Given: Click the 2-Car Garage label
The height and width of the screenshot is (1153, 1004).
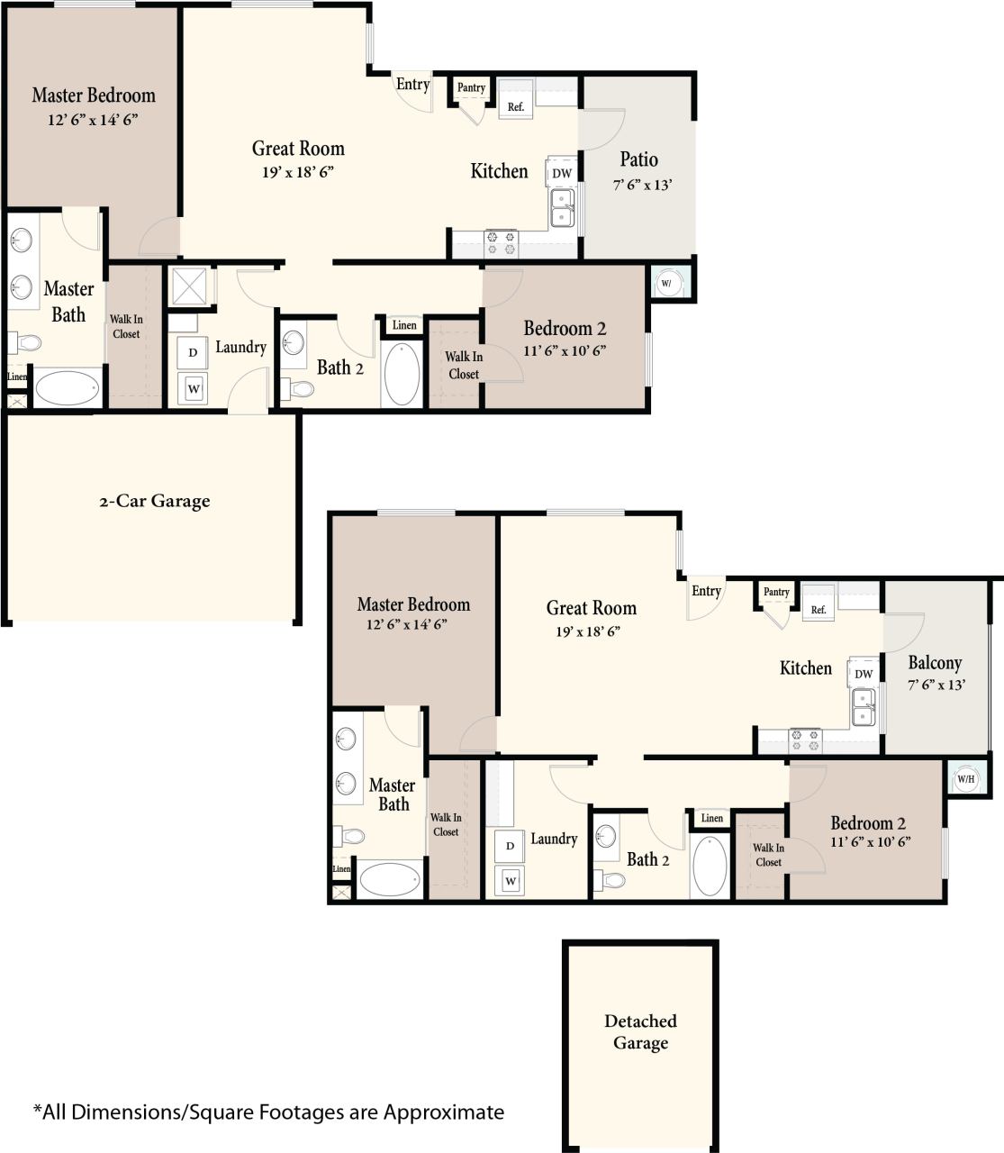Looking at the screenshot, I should (x=154, y=502).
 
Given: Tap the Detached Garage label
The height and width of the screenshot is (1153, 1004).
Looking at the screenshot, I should (x=640, y=1032).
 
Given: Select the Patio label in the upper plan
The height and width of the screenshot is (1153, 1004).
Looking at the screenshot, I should (x=638, y=160).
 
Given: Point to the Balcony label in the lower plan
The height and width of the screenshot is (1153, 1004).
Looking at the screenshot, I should (x=935, y=663).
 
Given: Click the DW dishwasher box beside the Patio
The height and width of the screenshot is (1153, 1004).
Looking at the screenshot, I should (x=561, y=173).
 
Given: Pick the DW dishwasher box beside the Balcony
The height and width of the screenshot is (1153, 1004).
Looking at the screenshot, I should (x=864, y=674).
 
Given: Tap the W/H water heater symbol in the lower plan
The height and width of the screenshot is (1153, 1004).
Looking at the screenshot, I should (x=965, y=779).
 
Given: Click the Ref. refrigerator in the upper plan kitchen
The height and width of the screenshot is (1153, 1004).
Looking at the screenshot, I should (x=516, y=105).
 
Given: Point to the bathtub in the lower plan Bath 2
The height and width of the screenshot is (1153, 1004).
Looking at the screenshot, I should (x=710, y=866).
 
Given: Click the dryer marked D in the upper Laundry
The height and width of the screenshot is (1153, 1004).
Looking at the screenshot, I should (x=193, y=353).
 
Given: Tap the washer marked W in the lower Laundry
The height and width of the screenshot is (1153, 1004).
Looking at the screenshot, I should (x=511, y=880).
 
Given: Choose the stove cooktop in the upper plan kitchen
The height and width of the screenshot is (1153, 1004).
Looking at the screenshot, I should (x=501, y=243).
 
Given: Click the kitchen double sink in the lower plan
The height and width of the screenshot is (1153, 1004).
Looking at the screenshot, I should (x=863, y=707).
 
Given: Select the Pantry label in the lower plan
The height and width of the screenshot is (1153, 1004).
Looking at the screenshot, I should (x=776, y=592).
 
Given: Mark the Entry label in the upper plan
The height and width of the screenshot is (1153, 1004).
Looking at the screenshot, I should (x=412, y=85).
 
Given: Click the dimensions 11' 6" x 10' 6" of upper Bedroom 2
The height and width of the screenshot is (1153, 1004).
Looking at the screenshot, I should (x=565, y=350).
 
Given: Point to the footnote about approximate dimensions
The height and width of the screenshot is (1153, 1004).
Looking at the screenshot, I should (x=268, y=1112).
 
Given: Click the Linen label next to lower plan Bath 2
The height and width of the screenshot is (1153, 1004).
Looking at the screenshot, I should (x=711, y=819).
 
